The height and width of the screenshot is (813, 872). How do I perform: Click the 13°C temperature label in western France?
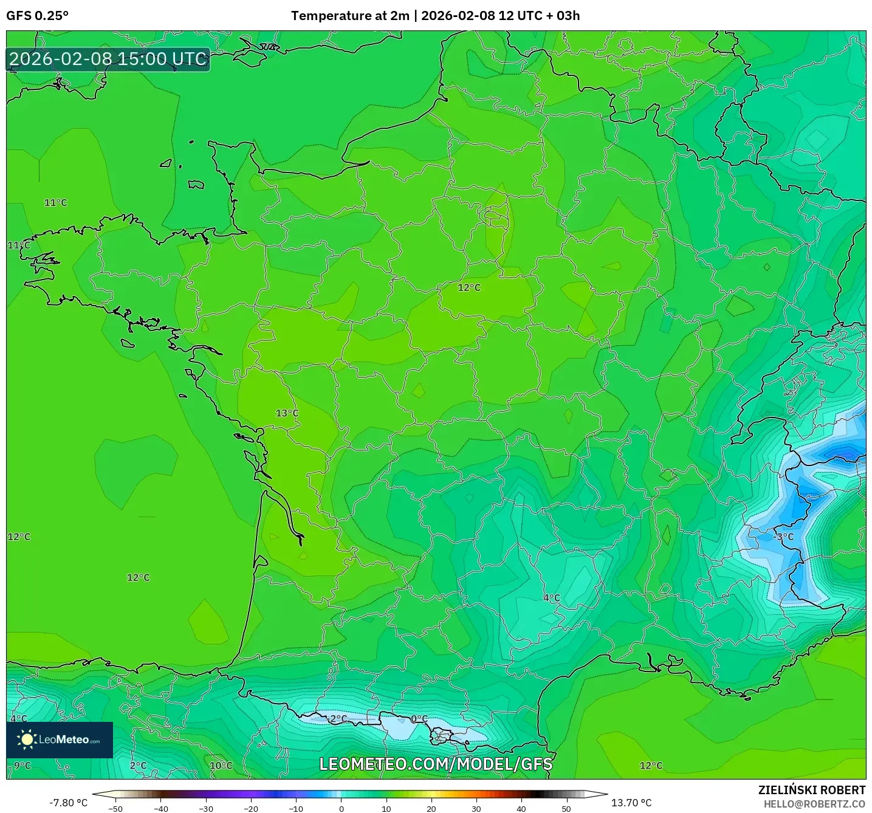click(x=287, y=413)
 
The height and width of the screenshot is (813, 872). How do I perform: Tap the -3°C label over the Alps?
click(x=784, y=537)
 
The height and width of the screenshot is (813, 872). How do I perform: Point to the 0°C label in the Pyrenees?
click(x=419, y=719)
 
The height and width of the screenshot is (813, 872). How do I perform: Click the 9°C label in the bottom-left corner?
click(x=22, y=765)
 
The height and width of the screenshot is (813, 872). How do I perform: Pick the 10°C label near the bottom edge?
click(x=221, y=766)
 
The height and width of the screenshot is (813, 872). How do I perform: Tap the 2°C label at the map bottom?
click(x=139, y=766)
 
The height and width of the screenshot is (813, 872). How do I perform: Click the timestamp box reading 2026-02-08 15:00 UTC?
click(x=108, y=59)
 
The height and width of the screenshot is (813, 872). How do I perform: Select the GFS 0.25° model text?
click(x=38, y=16)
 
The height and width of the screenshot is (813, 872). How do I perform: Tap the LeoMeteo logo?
click(x=60, y=739)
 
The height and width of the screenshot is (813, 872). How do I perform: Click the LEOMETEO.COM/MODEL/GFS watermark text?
click(x=436, y=764)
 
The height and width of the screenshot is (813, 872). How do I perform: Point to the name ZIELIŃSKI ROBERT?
click(x=811, y=790)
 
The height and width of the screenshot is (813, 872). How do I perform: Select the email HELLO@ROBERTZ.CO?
click(x=814, y=804)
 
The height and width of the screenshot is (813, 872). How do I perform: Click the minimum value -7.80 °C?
click(x=68, y=803)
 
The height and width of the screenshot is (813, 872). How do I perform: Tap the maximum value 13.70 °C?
click(x=631, y=803)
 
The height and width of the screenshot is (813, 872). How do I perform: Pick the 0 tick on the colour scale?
click(x=342, y=808)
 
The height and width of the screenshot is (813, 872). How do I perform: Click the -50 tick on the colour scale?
click(x=115, y=808)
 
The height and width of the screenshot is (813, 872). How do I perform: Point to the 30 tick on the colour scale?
click(x=476, y=808)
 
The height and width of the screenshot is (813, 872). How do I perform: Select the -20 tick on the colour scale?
click(x=251, y=808)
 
